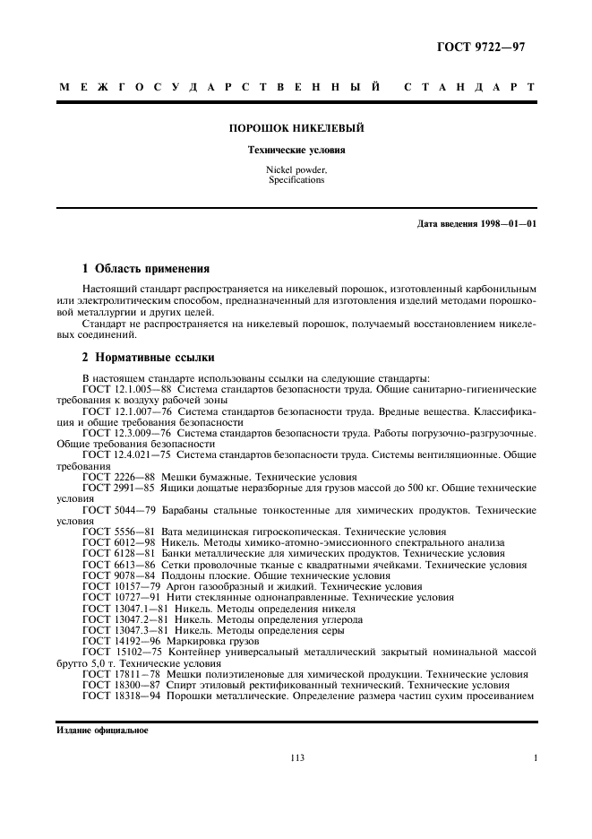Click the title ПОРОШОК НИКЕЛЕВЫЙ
point(296,128)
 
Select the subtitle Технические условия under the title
point(296,150)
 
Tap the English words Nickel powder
point(296,170)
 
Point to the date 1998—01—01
point(504,222)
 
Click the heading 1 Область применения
point(145,268)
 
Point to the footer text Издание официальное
point(96,730)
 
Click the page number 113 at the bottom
point(297,757)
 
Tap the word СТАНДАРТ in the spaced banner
point(469,88)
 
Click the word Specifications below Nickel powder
point(296,180)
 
